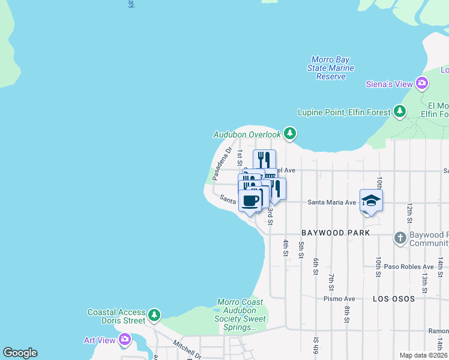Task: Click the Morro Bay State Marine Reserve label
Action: (x=330, y=68)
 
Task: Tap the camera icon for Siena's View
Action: (x=422, y=83)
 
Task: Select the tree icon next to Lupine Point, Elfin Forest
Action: (x=399, y=112)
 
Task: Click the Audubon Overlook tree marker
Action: (x=290, y=134)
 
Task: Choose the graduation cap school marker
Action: (x=371, y=200)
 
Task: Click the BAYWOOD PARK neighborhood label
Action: (x=335, y=232)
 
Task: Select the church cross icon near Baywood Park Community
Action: (x=400, y=238)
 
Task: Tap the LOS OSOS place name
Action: (x=394, y=298)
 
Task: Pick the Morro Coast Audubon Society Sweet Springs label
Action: (x=240, y=315)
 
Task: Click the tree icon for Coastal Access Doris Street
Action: (x=155, y=314)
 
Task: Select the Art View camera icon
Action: (x=125, y=340)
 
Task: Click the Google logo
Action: (x=20, y=353)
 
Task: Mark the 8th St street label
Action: (x=347, y=314)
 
